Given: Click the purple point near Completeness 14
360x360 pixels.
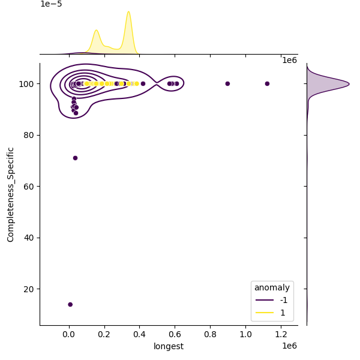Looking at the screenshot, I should tap(70, 304).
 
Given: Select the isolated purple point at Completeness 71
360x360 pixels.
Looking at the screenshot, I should tap(75, 158).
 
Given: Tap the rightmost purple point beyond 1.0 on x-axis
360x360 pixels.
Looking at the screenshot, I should tap(267, 83).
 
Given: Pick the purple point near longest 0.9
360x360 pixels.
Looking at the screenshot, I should tap(227, 83).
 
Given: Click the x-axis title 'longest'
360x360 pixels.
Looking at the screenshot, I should tap(169, 346).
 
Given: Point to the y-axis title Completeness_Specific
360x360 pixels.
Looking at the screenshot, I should tap(10, 194).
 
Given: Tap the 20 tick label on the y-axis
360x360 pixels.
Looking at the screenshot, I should tap(28, 289).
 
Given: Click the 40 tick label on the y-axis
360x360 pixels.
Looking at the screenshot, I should tap(28, 238).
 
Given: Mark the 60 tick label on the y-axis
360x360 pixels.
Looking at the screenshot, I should tap(28, 187).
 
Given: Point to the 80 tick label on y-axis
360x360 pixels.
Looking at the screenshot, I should tap(28, 135).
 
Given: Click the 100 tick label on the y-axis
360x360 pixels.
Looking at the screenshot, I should tap(26, 84).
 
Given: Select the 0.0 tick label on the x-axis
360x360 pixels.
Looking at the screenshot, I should tap(69, 334).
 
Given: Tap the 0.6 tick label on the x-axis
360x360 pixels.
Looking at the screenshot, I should tap(175, 334).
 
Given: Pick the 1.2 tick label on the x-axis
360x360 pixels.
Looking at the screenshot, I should tap(281, 334).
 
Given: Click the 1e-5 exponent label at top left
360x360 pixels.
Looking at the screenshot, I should tap(51, 4).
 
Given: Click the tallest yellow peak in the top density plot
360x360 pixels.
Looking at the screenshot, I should tap(128, 12).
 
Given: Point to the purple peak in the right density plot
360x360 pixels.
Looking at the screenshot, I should tap(348, 84).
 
